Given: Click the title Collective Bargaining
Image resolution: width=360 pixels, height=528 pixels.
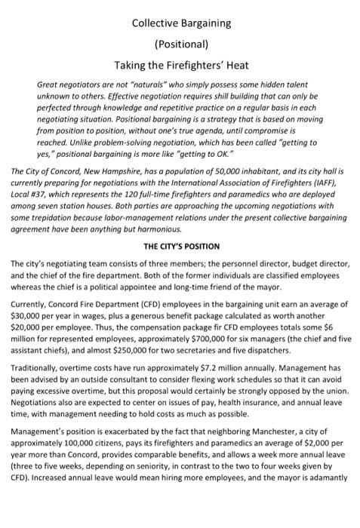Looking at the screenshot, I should click(181, 23).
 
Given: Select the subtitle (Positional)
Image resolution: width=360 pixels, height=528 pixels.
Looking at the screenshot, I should click(181, 43).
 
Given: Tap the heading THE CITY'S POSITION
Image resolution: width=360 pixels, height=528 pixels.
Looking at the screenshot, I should click(181, 246).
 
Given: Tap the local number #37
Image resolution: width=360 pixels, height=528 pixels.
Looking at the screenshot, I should click(42, 192).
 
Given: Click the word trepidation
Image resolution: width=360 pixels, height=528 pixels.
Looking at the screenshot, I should click(52, 217).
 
